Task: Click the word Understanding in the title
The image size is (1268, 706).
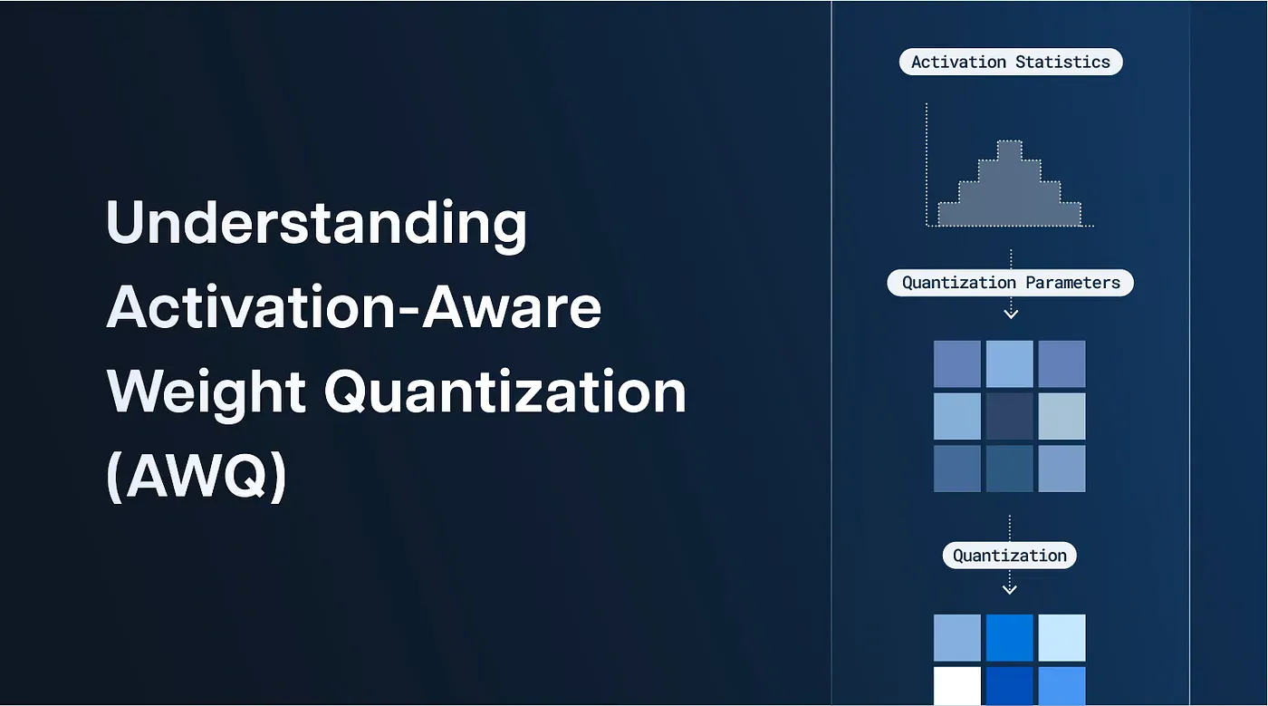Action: tap(316, 224)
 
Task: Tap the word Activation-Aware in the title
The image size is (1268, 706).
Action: tap(354, 307)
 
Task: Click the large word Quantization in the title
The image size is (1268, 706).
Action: tap(504, 392)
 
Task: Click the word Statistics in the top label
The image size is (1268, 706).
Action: tap(1062, 62)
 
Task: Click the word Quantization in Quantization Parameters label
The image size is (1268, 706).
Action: tap(959, 282)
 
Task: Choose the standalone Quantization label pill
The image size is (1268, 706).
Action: tap(1010, 556)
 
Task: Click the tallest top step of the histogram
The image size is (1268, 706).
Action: tap(1009, 150)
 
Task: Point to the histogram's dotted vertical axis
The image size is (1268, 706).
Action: tap(927, 163)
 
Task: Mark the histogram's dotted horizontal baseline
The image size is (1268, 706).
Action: tap(1010, 226)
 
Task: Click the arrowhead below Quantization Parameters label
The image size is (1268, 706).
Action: tap(1011, 314)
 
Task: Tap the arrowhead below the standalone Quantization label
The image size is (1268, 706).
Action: tap(1010, 590)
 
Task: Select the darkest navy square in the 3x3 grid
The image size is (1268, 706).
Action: tap(1009, 416)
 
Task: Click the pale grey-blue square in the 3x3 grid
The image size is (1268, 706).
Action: tap(1061, 416)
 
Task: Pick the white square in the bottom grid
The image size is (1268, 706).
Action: tap(957, 686)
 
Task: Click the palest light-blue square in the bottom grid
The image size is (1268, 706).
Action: tap(1061, 637)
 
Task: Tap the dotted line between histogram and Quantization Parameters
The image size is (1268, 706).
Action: tap(1011, 257)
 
